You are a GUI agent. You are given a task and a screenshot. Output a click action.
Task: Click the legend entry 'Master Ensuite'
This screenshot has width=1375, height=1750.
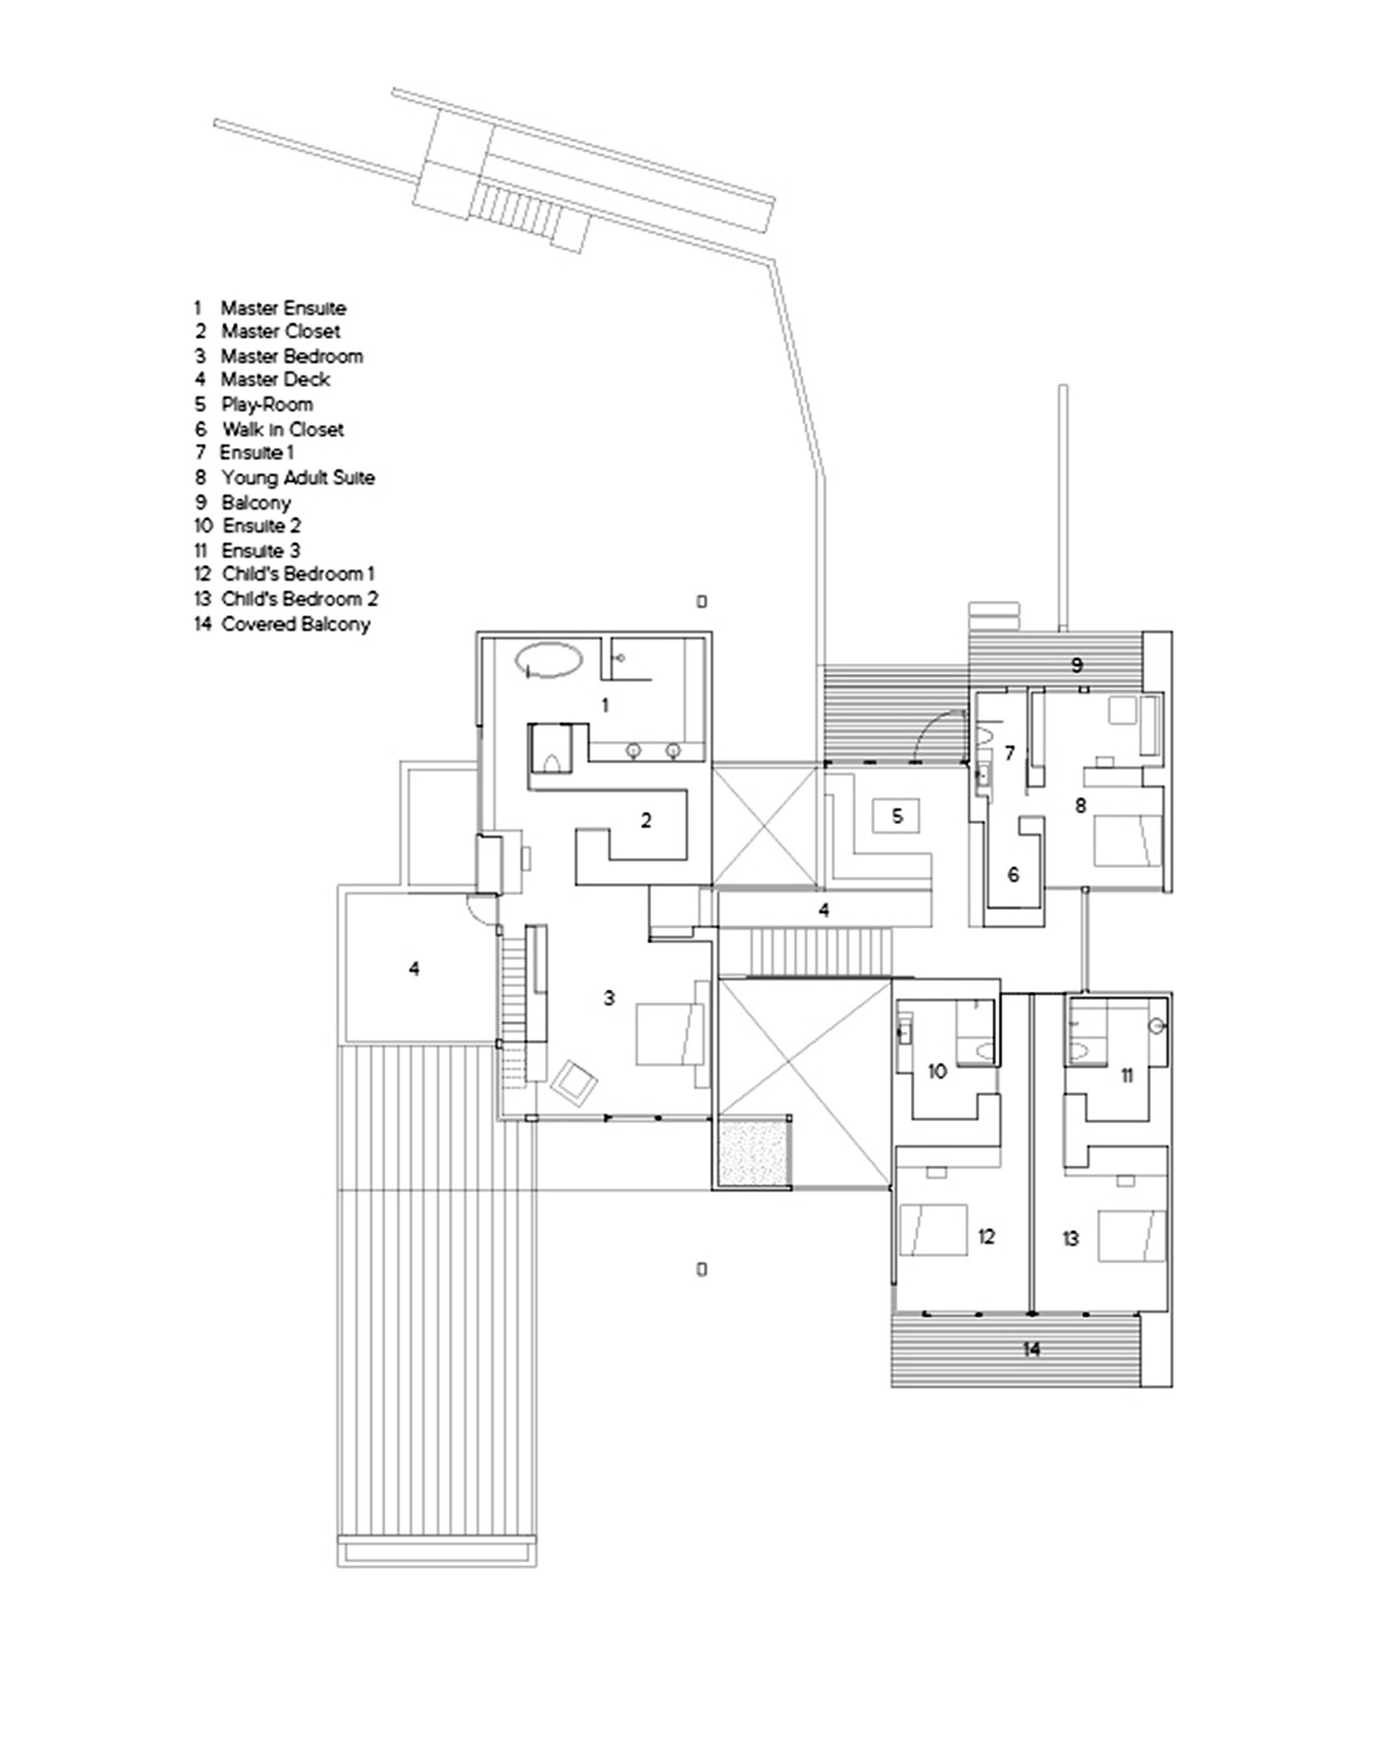[x=283, y=307]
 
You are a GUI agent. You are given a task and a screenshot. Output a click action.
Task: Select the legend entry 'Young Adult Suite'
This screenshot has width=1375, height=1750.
[x=297, y=477]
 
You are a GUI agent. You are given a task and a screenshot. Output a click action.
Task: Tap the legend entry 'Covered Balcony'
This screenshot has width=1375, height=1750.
[x=295, y=624]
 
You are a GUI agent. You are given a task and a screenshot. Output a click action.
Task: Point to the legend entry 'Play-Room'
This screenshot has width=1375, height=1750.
[x=267, y=404]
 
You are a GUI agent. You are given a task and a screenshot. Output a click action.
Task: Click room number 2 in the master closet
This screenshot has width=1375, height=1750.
[x=646, y=821]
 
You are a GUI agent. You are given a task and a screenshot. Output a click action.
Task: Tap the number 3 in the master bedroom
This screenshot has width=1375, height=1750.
[x=609, y=998]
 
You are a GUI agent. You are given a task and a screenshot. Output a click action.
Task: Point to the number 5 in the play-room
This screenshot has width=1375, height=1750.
[x=898, y=816]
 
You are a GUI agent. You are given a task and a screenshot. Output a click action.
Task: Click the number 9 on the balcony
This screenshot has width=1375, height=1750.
[x=1077, y=665]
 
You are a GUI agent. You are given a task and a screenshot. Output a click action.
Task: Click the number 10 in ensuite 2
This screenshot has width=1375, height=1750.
[x=937, y=1071]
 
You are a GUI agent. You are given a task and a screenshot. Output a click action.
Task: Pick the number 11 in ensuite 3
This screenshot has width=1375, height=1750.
[x=1127, y=1075]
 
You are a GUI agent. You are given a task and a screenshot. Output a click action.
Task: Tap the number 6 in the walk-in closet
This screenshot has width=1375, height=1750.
[x=1013, y=874]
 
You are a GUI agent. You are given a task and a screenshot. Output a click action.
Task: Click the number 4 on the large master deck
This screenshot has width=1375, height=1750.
[x=414, y=969]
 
